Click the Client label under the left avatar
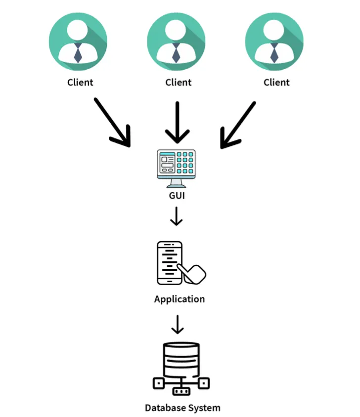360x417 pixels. [80, 82]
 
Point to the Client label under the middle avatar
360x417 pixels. [178, 82]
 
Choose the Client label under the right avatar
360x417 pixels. [276, 82]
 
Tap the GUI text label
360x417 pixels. [177, 196]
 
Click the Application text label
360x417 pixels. [179, 299]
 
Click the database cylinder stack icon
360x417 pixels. [180, 361]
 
